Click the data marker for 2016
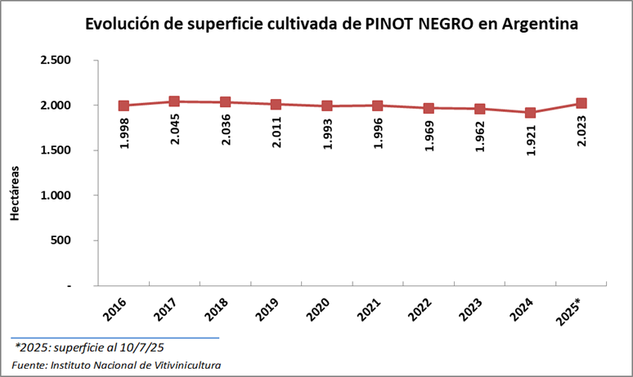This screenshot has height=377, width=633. (x=123, y=105)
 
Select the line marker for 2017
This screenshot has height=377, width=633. (x=174, y=101)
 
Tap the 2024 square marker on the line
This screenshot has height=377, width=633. (x=530, y=113)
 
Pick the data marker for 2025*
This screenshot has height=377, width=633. (x=581, y=103)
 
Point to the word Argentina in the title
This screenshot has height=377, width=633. (x=541, y=25)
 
